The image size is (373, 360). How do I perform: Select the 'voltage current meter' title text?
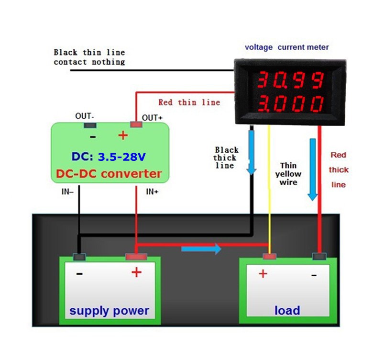pyautogui.click(x=286, y=47)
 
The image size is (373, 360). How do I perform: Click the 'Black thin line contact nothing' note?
pyautogui.click(x=89, y=57)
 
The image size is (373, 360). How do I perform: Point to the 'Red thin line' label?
pyautogui.click(x=189, y=102)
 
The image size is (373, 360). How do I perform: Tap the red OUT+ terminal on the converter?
pyautogui.click(x=136, y=125)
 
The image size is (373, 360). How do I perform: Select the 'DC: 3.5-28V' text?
pyautogui.click(x=109, y=157)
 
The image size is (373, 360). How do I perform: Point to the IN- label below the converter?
pyautogui.click(x=67, y=192)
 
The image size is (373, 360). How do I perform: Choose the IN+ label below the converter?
pyautogui.click(x=152, y=192)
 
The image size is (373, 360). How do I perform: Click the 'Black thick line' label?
pyautogui.click(x=225, y=157)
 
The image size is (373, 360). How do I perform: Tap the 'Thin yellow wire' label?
pyautogui.click(x=288, y=174)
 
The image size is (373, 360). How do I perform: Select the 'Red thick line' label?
pyautogui.click(x=339, y=169)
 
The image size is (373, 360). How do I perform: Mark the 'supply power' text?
pyautogui.click(x=109, y=311)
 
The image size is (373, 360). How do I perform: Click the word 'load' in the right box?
pyautogui.click(x=287, y=310)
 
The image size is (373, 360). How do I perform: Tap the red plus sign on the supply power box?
pyautogui.click(x=136, y=273)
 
